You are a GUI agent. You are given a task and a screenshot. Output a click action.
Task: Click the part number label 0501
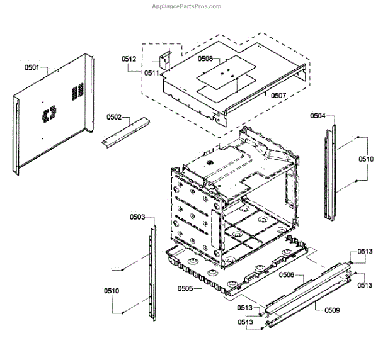click(x=31, y=67)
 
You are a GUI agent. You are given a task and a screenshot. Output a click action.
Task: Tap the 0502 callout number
click(x=114, y=117)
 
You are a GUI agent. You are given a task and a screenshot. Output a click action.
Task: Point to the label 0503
click(x=137, y=217)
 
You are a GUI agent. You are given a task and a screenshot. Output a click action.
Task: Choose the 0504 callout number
click(x=318, y=116)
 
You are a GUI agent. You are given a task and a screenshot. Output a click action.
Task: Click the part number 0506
click(x=287, y=275)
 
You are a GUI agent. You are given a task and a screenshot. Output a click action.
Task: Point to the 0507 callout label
click(x=278, y=96)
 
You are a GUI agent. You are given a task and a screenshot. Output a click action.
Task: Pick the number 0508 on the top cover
click(x=205, y=59)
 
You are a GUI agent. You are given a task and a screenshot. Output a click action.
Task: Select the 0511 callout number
click(x=152, y=73)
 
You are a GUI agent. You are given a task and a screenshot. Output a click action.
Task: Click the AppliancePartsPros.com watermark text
click(x=187, y=6)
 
